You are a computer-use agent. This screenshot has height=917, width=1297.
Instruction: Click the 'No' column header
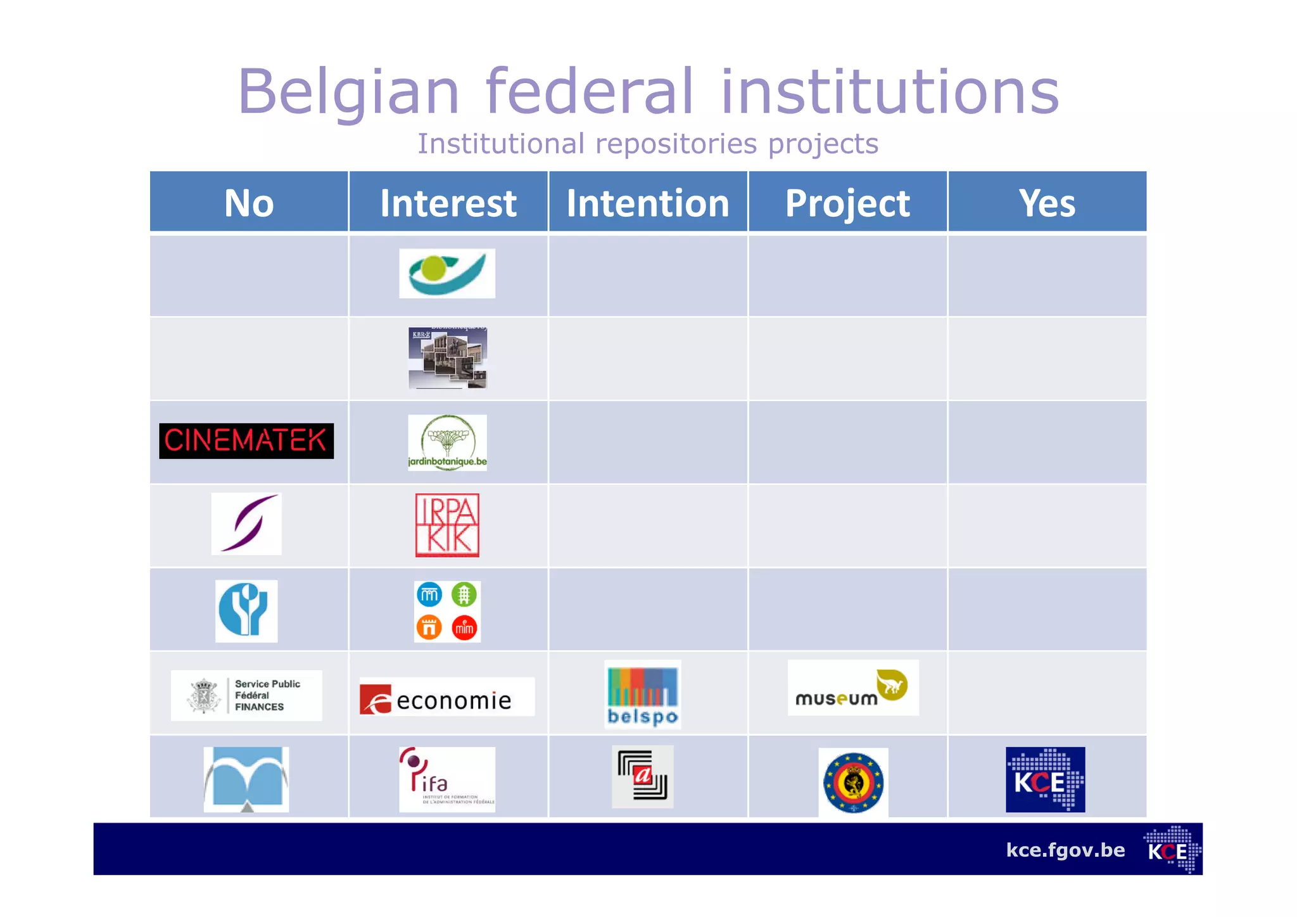(249, 203)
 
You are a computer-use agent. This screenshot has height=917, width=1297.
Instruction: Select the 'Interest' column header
(448, 203)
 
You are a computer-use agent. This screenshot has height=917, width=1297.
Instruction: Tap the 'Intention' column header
(648, 203)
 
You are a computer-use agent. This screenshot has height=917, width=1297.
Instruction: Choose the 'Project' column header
(847, 203)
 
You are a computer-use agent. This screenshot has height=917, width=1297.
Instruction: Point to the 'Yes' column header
(1047, 203)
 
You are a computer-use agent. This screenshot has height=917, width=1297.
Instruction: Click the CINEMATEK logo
(246, 440)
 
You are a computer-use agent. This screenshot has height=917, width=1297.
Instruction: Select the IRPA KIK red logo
(447, 525)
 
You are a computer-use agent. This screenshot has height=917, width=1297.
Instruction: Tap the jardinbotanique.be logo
(447, 442)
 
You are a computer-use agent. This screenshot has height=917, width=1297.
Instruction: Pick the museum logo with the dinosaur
(852, 688)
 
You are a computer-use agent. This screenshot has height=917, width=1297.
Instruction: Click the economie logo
(446, 698)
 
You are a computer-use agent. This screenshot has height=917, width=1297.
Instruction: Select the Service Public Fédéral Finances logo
(246, 695)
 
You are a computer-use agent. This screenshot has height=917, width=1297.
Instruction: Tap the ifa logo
(446, 779)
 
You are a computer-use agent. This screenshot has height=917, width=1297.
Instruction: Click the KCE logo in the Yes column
(1045, 779)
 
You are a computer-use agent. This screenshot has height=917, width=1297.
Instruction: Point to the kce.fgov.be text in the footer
(1065, 850)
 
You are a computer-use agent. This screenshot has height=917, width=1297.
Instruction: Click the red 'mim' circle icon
(464, 628)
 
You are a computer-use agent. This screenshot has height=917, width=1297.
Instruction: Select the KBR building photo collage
(447, 358)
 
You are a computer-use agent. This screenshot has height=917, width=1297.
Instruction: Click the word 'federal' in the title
(590, 92)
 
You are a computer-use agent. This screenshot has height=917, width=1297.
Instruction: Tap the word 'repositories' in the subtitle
(676, 144)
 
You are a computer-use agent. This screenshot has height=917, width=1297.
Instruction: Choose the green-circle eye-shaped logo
(446, 273)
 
